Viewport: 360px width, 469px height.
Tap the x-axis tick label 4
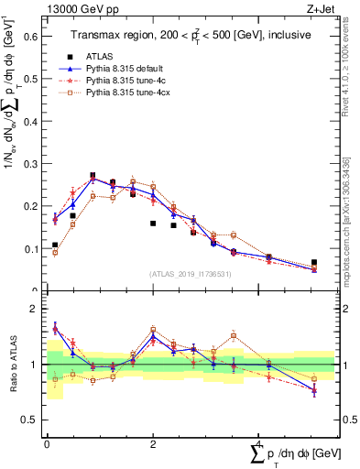pyautogui.click(x=260, y=443)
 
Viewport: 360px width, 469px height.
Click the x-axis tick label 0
pyautogui.click(x=47, y=443)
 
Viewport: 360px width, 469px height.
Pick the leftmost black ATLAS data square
pyautogui.click(x=55, y=245)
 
